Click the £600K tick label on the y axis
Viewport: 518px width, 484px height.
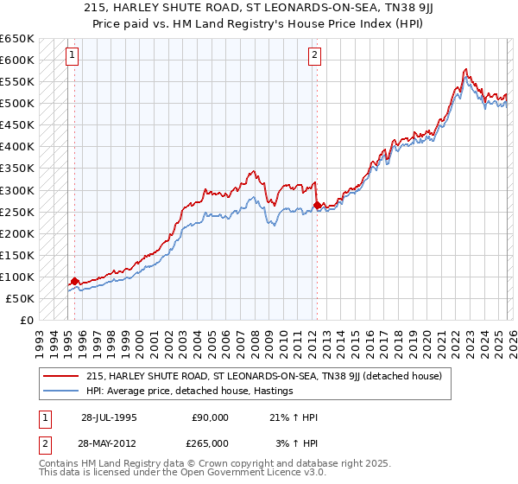(x=17, y=60)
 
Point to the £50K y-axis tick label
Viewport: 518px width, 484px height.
(x=20, y=298)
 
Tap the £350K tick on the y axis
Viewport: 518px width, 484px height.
(x=17, y=169)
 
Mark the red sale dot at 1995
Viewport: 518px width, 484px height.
(x=75, y=281)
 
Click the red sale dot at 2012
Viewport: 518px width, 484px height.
(x=317, y=205)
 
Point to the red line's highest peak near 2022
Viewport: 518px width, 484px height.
(x=465, y=69)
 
